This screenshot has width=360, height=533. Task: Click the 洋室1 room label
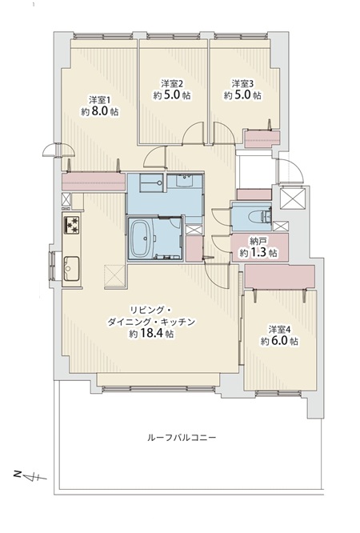point(100,100)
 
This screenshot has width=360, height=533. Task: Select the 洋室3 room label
point(242,83)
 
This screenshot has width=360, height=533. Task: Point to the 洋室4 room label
point(280,330)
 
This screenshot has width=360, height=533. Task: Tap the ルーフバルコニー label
point(182,437)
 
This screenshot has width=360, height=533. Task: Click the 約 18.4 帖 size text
point(152,334)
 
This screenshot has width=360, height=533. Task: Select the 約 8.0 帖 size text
point(100,111)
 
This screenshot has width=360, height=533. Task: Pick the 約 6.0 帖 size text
point(280,341)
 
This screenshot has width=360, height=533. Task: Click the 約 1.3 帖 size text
point(258,253)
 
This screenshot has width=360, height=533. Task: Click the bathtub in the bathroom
point(142,238)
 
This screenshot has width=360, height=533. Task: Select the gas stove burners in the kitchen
point(72,224)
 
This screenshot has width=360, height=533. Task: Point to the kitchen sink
point(72,269)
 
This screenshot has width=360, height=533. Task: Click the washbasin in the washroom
point(186,181)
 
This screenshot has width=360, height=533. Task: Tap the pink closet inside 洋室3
point(262,139)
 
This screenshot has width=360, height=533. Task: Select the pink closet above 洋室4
point(280,276)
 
